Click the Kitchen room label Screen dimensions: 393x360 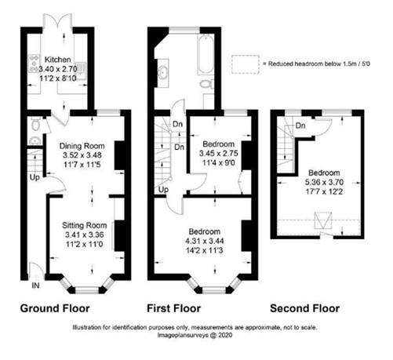[x=57, y=60]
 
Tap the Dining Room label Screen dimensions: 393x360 [x=82, y=146]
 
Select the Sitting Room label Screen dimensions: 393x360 [x=85, y=225]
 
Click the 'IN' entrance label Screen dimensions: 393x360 [x=35, y=285]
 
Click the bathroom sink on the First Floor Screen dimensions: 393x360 [x=163, y=71]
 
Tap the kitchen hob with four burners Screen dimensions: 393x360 [x=35, y=63]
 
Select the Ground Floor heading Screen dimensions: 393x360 [x=55, y=308]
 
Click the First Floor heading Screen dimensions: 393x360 [x=173, y=308]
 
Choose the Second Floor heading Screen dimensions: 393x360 [x=304, y=308]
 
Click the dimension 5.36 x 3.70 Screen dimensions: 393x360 [x=324, y=182]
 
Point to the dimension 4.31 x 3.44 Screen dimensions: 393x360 [x=204, y=241]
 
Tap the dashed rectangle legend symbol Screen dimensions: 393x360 [x=246, y=64]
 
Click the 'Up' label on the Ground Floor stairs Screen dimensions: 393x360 [x=35, y=177]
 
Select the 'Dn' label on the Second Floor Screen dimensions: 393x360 [x=300, y=125]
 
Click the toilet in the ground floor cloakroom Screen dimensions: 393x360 [x=35, y=125]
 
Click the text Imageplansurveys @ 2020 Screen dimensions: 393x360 [x=195, y=335]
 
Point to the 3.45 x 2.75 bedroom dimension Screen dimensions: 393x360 [x=219, y=153]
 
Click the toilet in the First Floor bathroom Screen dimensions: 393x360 [x=206, y=84]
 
